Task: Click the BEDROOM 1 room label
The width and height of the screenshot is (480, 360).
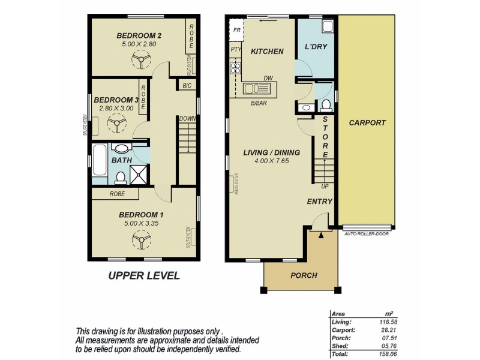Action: point(142,215)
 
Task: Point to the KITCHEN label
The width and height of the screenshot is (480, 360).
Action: point(267,52)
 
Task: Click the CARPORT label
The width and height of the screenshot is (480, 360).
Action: point(367,123)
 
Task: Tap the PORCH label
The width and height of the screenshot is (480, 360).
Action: point(304,275)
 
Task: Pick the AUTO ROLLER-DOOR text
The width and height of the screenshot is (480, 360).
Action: point(367,234)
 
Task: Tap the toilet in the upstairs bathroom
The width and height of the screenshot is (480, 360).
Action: point(119,177)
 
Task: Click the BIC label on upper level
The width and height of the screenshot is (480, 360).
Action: point(187,86)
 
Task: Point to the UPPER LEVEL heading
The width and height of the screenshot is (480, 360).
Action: point(143,276)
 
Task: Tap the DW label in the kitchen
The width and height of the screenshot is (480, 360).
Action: point(268,78)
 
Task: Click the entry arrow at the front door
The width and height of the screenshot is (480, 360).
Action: point(322,235)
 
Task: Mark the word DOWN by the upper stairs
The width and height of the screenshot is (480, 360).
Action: point(187,119)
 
